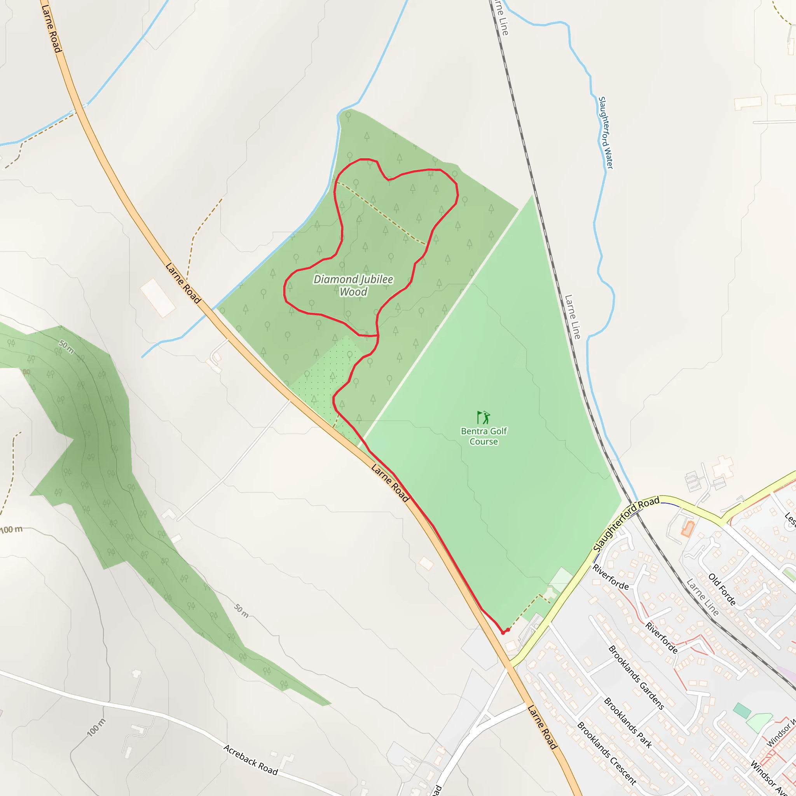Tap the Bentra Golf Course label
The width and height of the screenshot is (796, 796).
click(x=484, y=436)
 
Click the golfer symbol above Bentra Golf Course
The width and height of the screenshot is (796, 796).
click(x=483, y=417)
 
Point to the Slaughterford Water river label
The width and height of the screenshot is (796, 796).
click(x=605, y=133)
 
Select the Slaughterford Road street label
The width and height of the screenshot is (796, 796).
click(x=626, y=524)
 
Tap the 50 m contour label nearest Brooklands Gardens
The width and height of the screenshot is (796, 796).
click(x=241, y=611)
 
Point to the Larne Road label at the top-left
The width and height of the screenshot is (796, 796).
click(x=52, y=28)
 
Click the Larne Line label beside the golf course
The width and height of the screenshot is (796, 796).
click(x=572, y=316)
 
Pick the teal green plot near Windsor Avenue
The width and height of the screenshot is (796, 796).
click(x=742, y=711)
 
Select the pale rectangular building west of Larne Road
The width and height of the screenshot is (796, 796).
click(x=158, y=298)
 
